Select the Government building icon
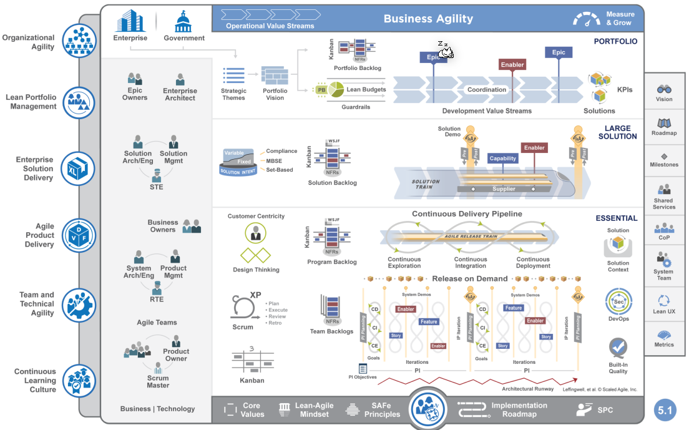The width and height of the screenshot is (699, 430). pyautogui.click(x=183, y=21)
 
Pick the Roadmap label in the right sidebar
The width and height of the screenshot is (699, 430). pyautogui.click(x=664, y=133)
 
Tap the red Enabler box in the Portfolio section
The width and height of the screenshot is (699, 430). pyautogui.click(x=512, y=64)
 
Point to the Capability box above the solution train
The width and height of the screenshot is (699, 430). pyautogui.click(x=502, y=159)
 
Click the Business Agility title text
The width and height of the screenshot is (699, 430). pyautogui.click(x=428, y=19)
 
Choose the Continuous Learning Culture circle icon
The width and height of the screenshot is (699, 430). pyautogui.click(x=79, y=380)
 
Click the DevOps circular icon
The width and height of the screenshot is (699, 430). pyautogui.click(x=618, y=301)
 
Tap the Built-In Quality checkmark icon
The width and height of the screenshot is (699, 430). pyautogui.click(x=618, y=347)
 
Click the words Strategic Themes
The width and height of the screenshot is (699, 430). pyautogui.click(x=234, y=94)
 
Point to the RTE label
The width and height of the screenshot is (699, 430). pyautogui.click(x=156, y=299)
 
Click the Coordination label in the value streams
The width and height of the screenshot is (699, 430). pyautogui.click(x=487, y=90)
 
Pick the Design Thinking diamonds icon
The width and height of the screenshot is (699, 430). pyautogui.click(x=256, y=255)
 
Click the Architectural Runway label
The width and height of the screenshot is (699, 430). pyautogui.click(x=527, y=388)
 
